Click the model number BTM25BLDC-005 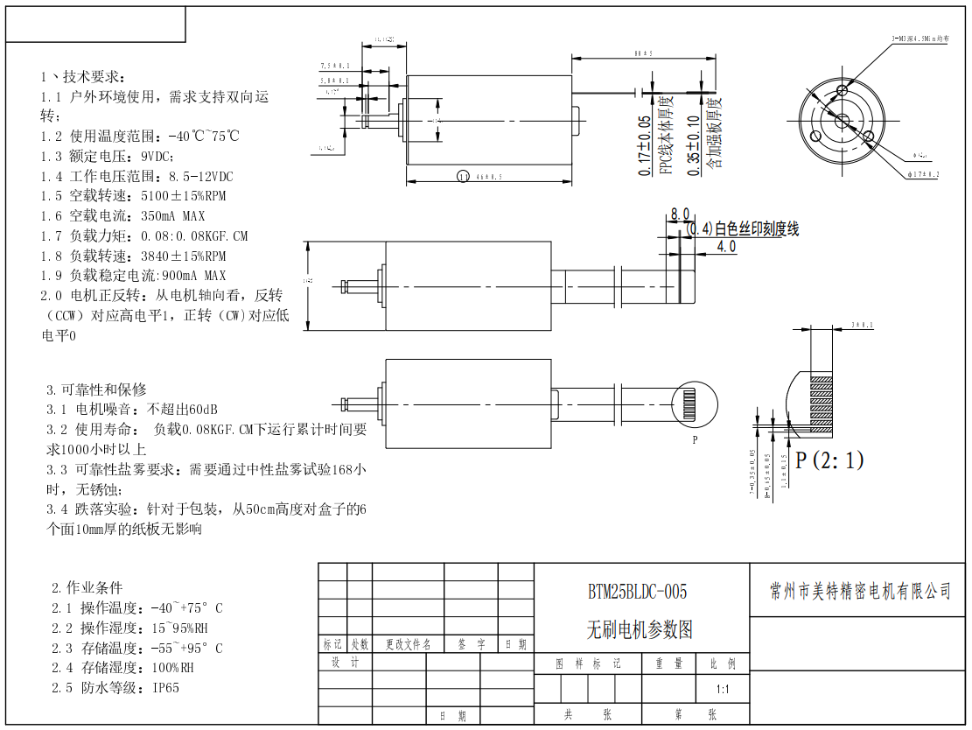pyautogui.click(x=637, y=593)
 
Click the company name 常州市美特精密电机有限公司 pyautogui.click(x=859, y=592)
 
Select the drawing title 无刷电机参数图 pyautogui.click(x=639, y=629)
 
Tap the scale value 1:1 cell pyautogui.click(x=723, y=689)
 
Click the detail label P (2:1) pyautogui.click(x=829, y=460)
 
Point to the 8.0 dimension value pyautogui.click(x=680, y=214)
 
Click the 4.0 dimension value pyautogui.click(x=726, y=247)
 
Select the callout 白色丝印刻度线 pyautogui.click(x=756, y=229)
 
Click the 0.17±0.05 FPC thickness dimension pyautogui.click(x=645, y=145)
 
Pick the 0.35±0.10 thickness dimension pyautogui.click(x=694, y=145)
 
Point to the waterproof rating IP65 pyautogui.click(x=165, y=688)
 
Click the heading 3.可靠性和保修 pyautogui.click(x=96, y=390)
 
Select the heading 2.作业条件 pyautogui.click(x=87, y=587)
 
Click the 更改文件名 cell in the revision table pyautogui.click(x=409, y=644)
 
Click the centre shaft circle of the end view pyautogui.click(x=842, y=120)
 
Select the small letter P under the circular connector pyautogui.click(x=695, y=440)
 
